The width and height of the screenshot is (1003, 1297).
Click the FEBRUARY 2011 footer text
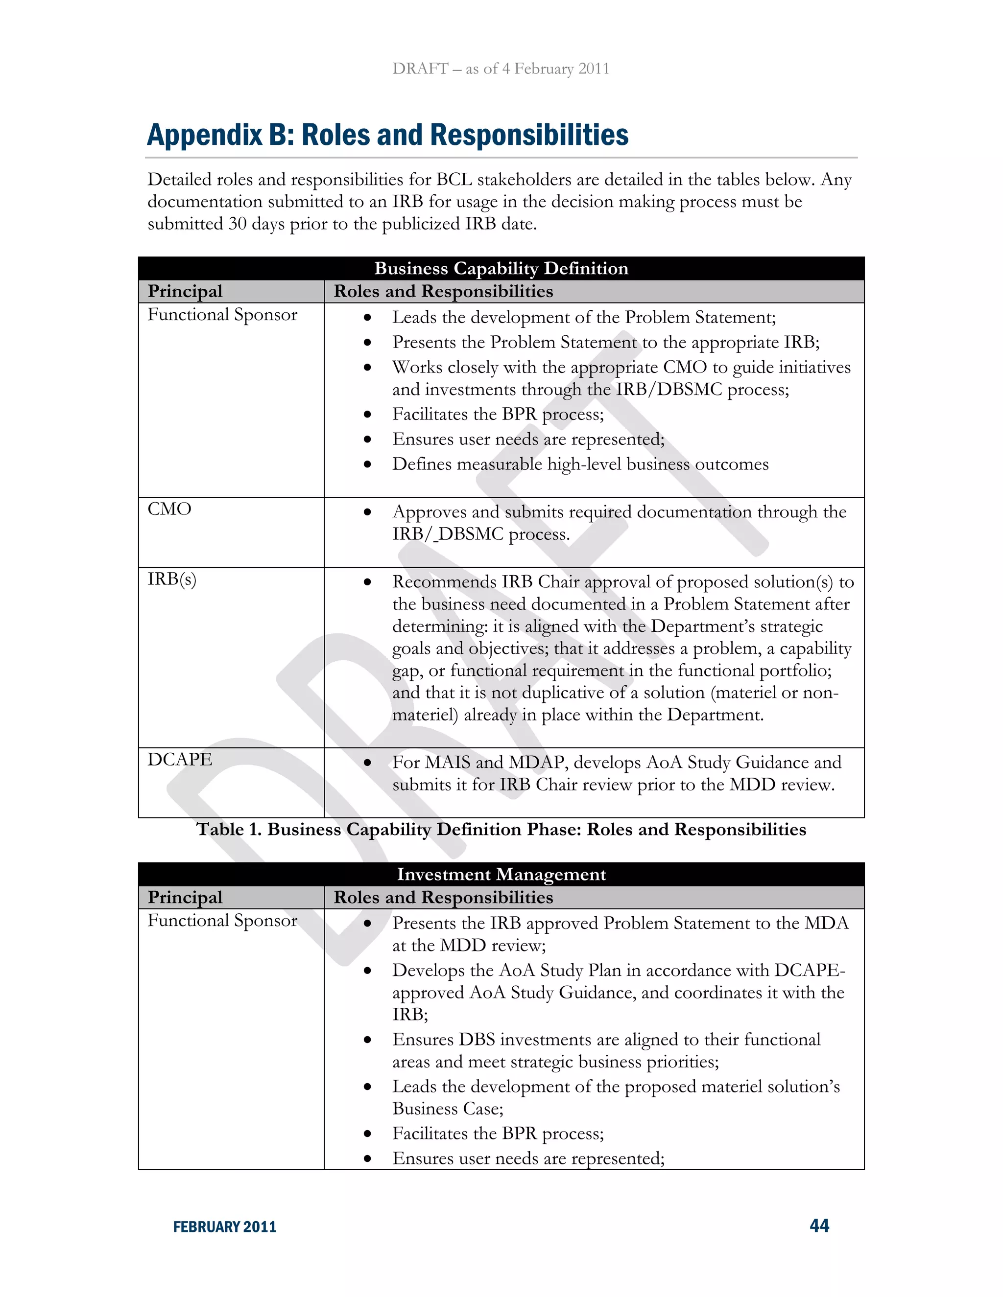(x=225, y=1227)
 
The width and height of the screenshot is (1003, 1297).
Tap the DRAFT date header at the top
(x=501, y=69)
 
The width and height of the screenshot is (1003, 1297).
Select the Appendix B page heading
(x=387, y=135)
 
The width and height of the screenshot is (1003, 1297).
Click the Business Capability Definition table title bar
(x=501, y=268)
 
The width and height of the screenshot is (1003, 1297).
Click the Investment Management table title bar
(x=501, y=874)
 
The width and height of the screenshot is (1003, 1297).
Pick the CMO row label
(x=169, y=509)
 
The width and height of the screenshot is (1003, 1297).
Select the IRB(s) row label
(x=172, y=579)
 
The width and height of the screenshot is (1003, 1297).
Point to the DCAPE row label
(x=179, y=760)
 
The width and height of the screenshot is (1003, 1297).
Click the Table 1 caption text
(x=501, y=830)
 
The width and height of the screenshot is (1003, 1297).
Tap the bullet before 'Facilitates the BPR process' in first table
(x=368, y=415)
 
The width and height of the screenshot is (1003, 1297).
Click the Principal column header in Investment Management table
(x=185, y=897)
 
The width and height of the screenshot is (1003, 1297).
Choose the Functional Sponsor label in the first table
(x=222, y=315)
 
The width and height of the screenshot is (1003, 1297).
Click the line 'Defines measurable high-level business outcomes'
(x=580, y=464)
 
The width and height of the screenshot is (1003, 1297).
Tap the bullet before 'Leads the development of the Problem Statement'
(x=368, y=318)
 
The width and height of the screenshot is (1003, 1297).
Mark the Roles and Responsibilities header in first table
(x=443, y=292)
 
